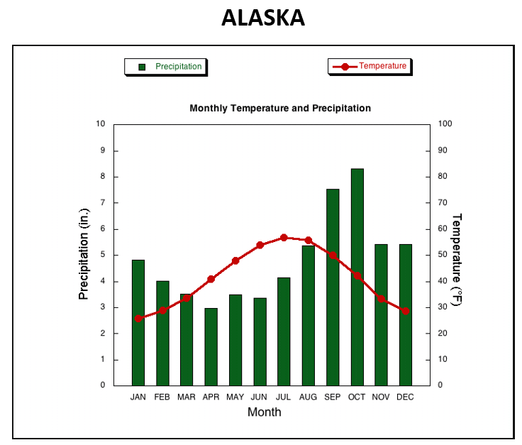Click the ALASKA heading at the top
[x=263, y=18]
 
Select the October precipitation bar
[x=357, y=277]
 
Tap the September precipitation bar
[x=333, y=287]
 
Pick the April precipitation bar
[x=211, y=347]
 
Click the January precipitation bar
[x=138, y=323]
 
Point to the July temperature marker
[x=284, y=238]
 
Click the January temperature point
[x=138, y=319]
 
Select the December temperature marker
[x=406, y=311]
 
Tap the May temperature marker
[x=235, y=260]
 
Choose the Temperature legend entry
[x=370, y=66]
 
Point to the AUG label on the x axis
[x=308, y=397]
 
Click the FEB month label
[x=162, y=397]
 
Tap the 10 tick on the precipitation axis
[x=101, y=123]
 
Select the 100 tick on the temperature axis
[x=445, y=123]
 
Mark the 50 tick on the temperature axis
[x=443, y=255]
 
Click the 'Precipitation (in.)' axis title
[x=84, y=254]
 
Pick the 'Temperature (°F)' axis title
[x=457, y=260]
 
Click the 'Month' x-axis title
[x=265, y=412]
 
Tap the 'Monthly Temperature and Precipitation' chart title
[x=280, y=109]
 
